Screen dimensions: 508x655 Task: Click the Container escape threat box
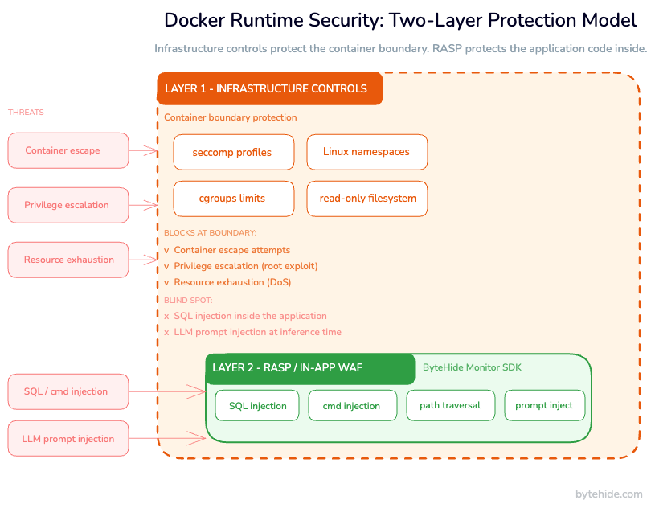coord(68,150)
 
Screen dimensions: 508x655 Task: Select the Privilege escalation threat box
coord(68,205)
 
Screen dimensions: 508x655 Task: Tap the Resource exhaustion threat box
coord(68,260)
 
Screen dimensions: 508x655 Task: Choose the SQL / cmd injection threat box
coord(68,391)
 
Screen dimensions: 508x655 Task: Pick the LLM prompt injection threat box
coord(68,439)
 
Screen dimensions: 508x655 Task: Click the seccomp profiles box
coord(233,152)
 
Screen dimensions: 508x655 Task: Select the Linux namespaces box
coord(366,152)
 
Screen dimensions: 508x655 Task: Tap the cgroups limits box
coord(233,199)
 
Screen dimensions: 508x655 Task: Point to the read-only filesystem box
coord(366,199)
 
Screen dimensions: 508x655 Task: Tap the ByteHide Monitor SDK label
coord(472,368)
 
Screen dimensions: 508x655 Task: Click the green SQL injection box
coord(257,406)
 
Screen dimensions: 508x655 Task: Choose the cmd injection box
coord(352,406)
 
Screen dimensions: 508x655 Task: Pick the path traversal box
coord(450,406)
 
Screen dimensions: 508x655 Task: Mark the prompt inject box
coord(544,406)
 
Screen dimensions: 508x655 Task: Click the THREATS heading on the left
coord(26,113)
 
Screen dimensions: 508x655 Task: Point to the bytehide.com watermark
coord(608,494)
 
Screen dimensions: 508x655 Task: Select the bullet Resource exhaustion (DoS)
coord(232,282)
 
